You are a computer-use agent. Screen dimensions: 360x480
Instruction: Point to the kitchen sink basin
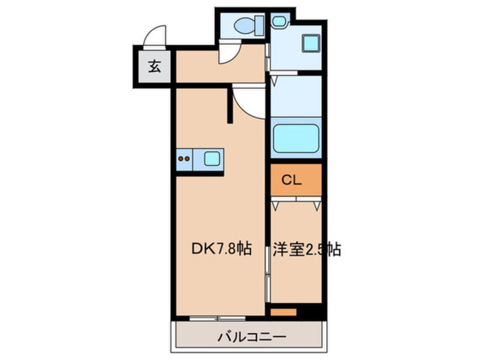coord(212,158)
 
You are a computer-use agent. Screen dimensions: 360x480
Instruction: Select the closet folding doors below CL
coord(296,200)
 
